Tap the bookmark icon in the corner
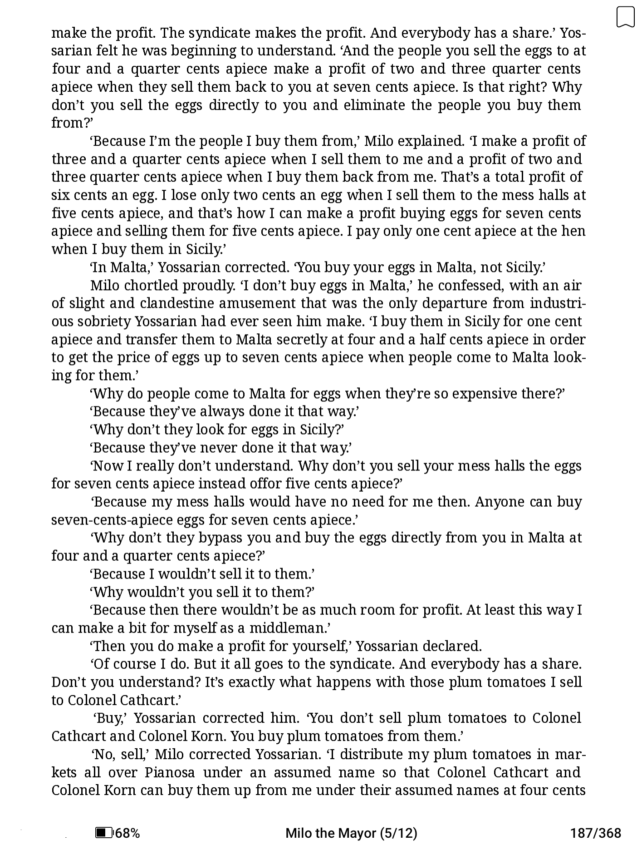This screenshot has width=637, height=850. click(x=625, y=17)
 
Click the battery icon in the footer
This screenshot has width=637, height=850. click(x=104, y=833)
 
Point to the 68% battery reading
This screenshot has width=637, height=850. click(x=128, y=833)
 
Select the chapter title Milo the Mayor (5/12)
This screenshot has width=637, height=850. click(x=351, y=833)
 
